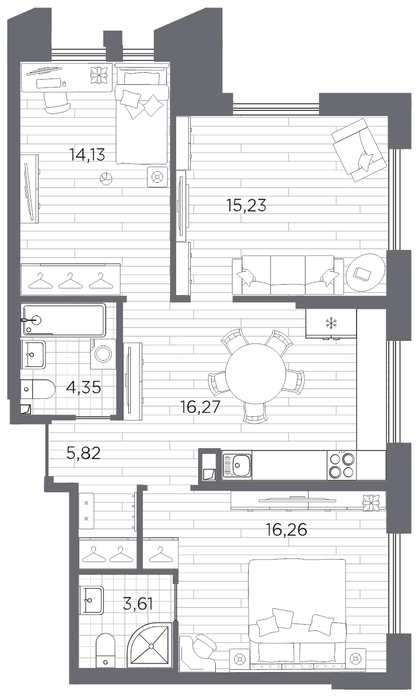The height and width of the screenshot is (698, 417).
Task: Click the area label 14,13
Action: [87, 154]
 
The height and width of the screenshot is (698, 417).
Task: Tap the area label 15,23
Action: [246, 206]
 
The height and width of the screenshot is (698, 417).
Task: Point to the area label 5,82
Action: [83, 453]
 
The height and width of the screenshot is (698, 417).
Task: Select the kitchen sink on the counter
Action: [237, 465]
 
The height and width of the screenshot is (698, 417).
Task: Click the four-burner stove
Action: [341, 465]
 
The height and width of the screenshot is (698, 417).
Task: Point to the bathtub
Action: [64, 320]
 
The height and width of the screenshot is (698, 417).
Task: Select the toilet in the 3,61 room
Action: [106, 649]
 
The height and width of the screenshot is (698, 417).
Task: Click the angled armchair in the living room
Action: [359, 150]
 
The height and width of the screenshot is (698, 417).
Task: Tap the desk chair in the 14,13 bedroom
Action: [57, 102]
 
